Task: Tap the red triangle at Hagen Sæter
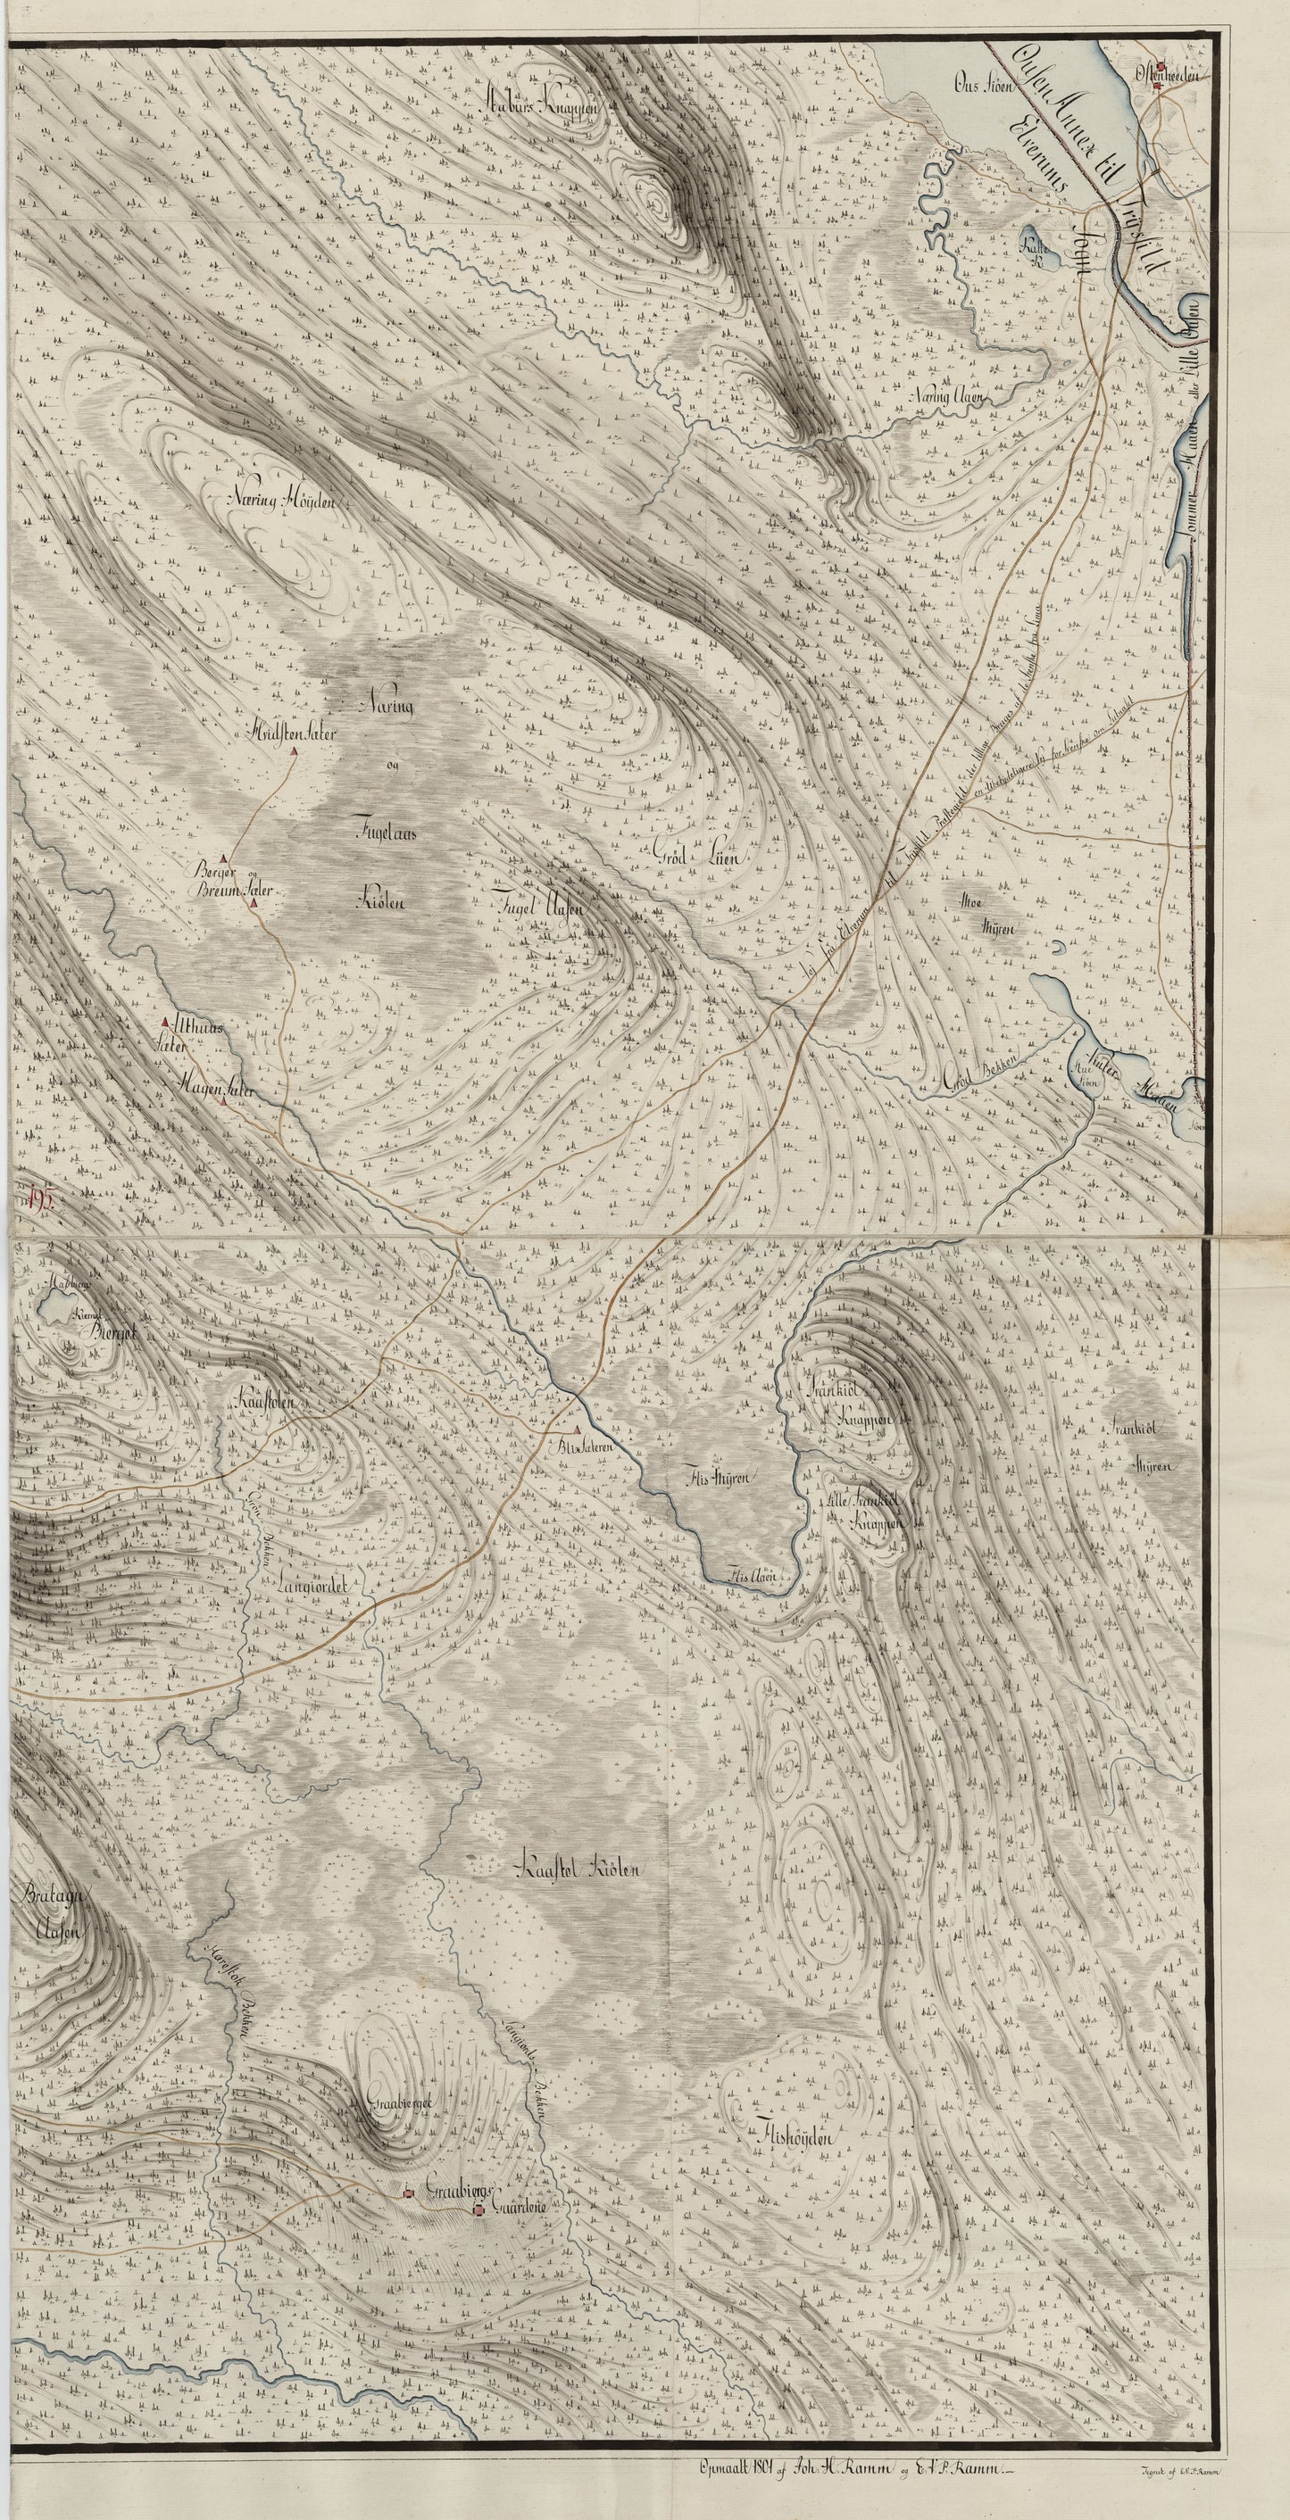pyautogui.click(x=225, y=1101)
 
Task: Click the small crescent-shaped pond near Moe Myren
pyautogui.click(x=1060, y=947)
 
